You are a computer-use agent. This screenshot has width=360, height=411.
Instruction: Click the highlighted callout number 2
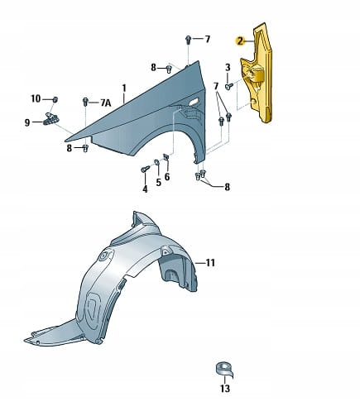pyautogui.click(x=240, y=41)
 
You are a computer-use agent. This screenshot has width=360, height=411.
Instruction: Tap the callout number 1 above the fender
pyautogui.click(x=124, y=88)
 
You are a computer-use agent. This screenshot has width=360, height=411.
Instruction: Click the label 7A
pyautogui.click(x=106, y=103)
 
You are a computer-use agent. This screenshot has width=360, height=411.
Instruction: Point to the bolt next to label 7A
pyautogui.click(x=85, y=102)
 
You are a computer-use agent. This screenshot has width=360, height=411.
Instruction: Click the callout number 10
pyautogui.click(x=36, y=98)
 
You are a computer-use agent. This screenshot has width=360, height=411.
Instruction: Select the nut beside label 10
pyautogui.click(x=55, y=99)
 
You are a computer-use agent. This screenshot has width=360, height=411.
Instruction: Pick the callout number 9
pyautogui.click(x=27, y=122)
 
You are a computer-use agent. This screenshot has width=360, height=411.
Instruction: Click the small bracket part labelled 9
pyautogui.click(x=51, y=118)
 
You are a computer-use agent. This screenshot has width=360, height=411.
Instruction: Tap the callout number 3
pyautogui.click(x=228, y=67)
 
